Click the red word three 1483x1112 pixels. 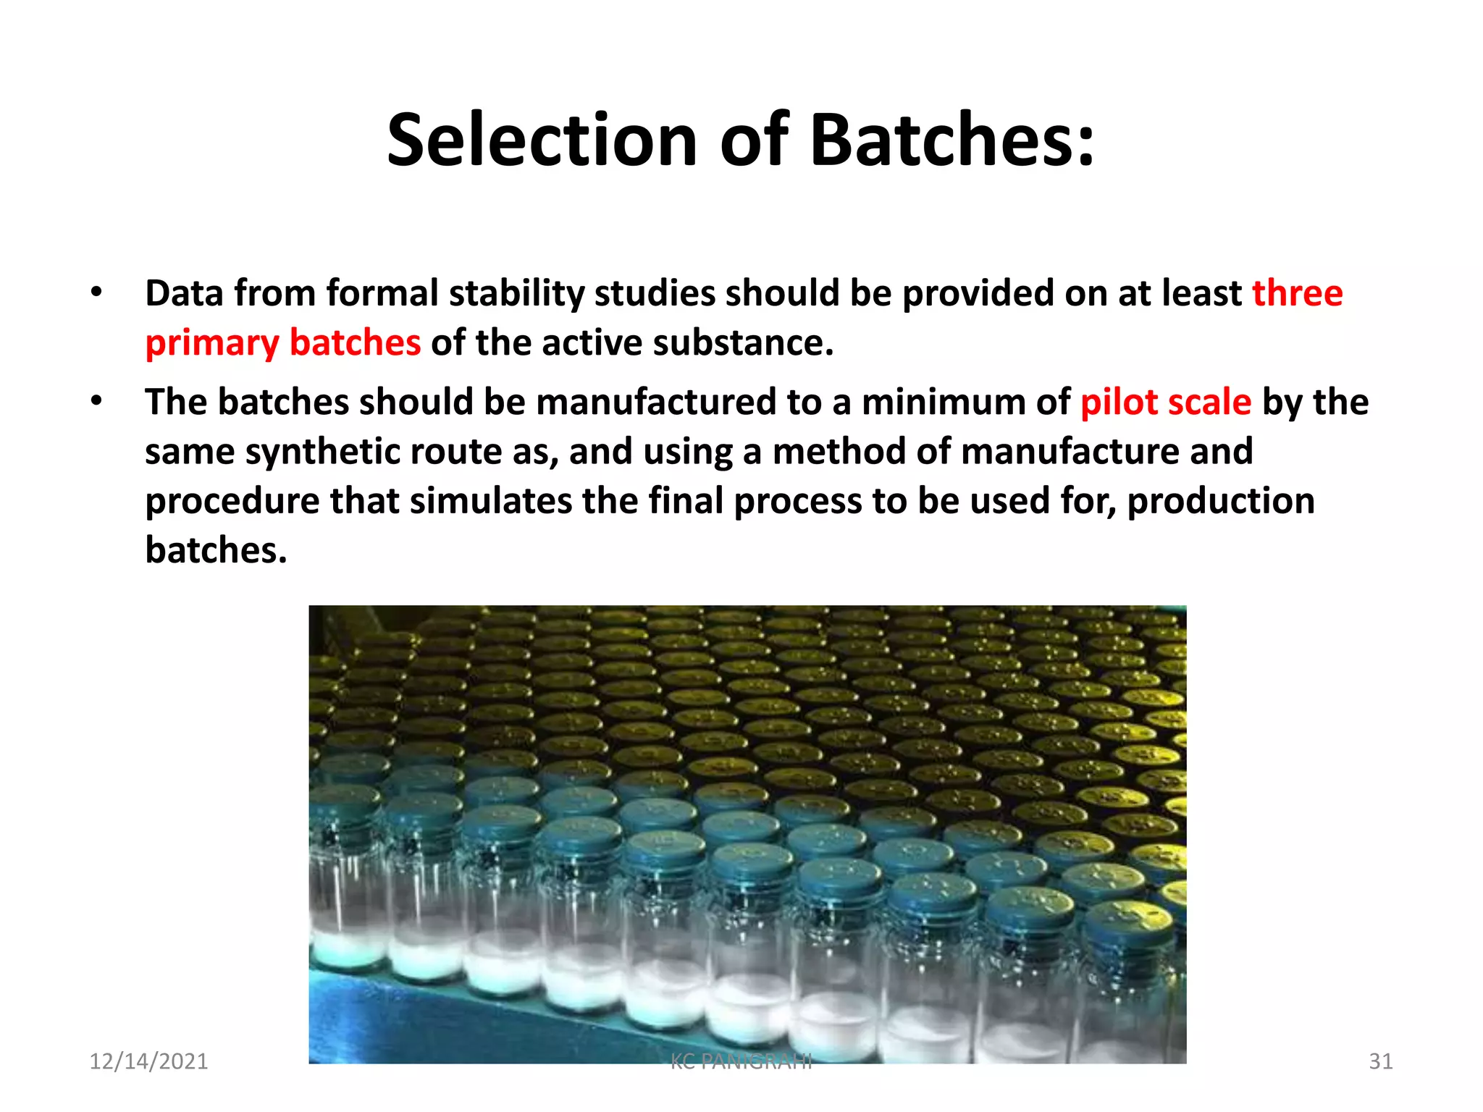1298,293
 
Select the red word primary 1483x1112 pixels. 211,343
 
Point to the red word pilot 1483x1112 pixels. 1119,402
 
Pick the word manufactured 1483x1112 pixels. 656,402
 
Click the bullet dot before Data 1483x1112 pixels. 96,292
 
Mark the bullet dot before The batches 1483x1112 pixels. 96,400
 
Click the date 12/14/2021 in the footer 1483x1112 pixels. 148,1061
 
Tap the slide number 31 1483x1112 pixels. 1380,1061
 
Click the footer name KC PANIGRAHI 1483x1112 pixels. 741,1061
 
